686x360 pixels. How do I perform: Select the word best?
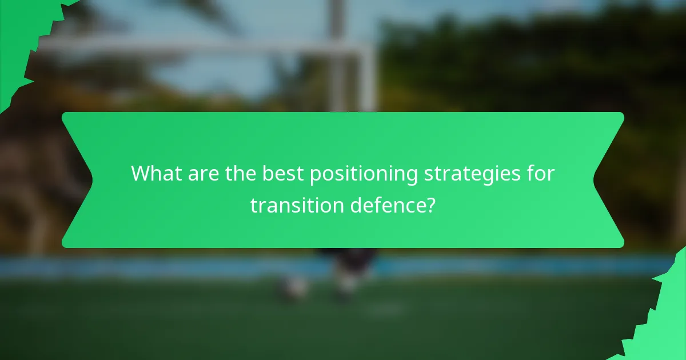(284, 174)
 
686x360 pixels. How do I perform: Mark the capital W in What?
(141, 174)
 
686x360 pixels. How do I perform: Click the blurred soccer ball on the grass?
(295, 289)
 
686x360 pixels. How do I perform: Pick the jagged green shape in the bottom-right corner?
(663, 320)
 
